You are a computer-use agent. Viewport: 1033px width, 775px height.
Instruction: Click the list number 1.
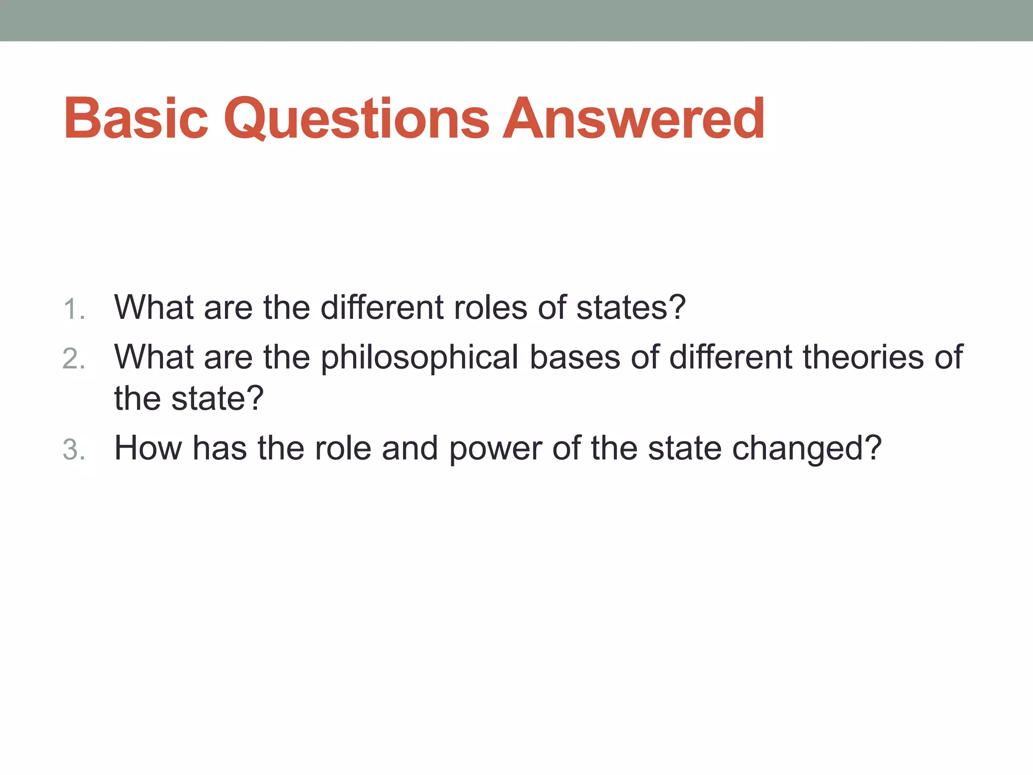pos(74,309)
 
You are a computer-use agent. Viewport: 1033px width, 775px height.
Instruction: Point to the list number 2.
pos(74,359)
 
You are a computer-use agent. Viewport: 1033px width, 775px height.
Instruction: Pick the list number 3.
pos(74,450)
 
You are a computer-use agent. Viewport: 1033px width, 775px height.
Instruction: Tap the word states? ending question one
pos(631,307)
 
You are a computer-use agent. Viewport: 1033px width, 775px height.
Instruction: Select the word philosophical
pos(420,357)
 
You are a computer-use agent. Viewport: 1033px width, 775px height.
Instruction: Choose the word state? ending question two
pos(217,399)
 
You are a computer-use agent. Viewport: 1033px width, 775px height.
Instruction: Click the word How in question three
pos(148,448)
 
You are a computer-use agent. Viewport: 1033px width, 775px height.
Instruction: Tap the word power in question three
pos(495,448)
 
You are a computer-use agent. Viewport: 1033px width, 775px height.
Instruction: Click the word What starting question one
pos(154,307)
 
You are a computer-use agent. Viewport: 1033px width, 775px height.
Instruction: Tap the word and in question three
pos(410,448)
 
